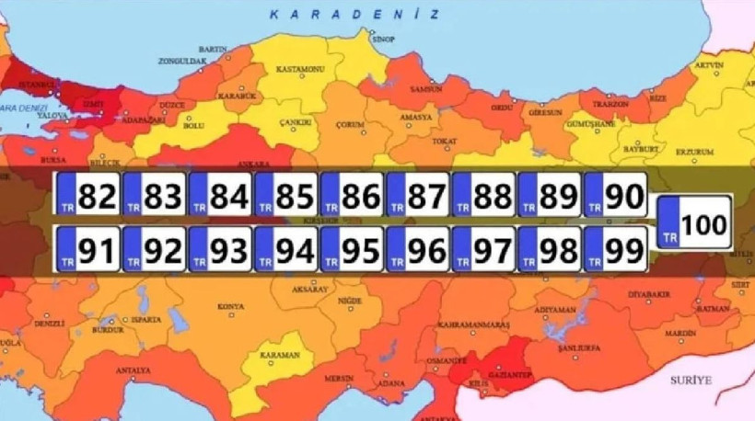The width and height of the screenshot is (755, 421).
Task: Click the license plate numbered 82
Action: [x=87, y=196]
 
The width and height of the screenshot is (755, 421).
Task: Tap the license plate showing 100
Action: [x=695, y=222]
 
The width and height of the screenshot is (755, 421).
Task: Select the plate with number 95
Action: [x=352, y=249]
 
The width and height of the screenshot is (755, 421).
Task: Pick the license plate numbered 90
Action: [x=616, y=196]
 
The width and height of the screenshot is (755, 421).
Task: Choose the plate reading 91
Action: [x=87, y=249]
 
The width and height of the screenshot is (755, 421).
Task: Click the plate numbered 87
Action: [x=418, y=196]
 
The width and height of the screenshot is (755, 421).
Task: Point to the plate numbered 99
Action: [x=616, y=249]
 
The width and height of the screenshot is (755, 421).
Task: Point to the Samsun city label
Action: [x=427, y=89]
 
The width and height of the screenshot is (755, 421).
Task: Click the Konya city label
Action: [x=230, y=305]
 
